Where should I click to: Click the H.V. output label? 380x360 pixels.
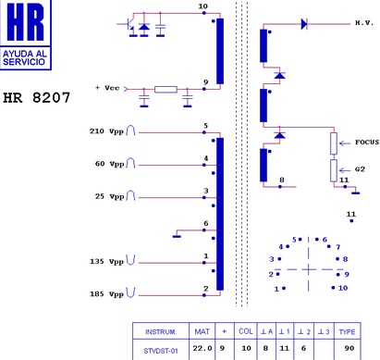[364, 23]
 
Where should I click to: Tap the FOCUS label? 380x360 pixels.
[367, 143]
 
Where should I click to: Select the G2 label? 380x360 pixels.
[360, 169]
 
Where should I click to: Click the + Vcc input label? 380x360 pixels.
[107, 88]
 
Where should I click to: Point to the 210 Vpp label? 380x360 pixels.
[106, 131]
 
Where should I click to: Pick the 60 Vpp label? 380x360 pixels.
[109, 164]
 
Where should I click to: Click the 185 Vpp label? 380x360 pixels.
[106, 294]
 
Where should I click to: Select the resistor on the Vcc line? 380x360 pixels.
[165, 90]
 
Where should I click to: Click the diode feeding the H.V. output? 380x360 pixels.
[304, 24]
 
